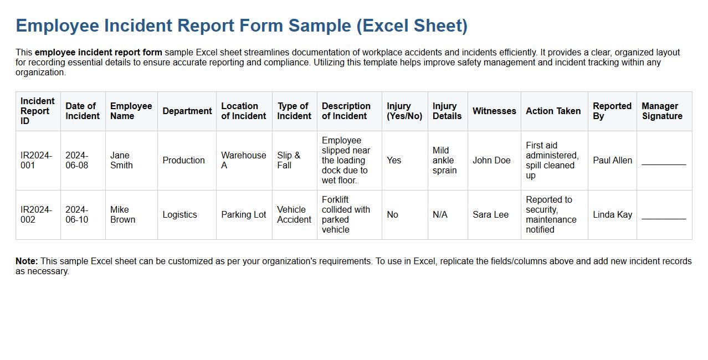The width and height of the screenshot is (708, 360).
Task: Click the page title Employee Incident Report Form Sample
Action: (242, 26)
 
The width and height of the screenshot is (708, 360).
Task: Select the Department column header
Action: (187, 111)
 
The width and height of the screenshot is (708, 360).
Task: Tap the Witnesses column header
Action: (494, 111)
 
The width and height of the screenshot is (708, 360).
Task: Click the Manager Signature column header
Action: (661, 111)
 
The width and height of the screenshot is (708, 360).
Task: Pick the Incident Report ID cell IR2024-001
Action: (36, 160)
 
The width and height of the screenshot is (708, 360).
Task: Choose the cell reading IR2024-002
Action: (36, 214)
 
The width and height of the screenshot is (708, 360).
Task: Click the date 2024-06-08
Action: (76, 160)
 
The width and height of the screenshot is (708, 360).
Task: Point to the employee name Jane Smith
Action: (121, 160)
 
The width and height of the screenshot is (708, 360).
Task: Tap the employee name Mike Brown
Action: (122, 214)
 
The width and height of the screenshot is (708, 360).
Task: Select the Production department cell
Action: (183, 160)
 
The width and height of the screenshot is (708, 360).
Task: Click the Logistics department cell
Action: (179, 214)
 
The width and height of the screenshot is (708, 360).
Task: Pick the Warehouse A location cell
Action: (243, 160)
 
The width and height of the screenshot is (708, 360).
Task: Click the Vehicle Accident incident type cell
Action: (294, 214)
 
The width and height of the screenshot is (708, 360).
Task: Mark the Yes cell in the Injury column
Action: (394, 160)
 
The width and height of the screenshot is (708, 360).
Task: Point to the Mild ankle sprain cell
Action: (444, 160)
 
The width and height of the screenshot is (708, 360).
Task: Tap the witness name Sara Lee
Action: (490, 214)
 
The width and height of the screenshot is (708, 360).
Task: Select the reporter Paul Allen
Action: (612, 160)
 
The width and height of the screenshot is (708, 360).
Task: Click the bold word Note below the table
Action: (27, 261)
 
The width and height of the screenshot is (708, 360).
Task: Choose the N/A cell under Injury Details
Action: (440, 214)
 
